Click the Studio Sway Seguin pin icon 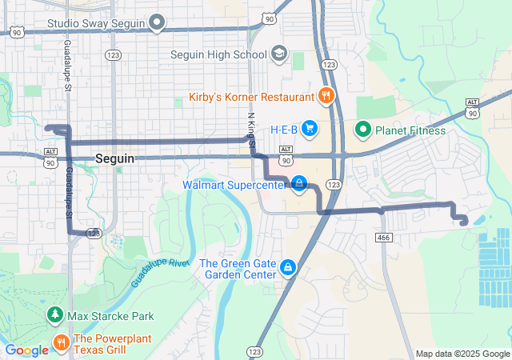(158, 23)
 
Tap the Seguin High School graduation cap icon (278, 54)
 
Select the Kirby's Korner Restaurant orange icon (325, 97)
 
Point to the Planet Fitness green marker (362, 129)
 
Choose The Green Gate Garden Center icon (287, 268)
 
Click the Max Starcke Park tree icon (55, 316)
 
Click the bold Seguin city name (114, 158)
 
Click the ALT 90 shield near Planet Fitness (472, 108)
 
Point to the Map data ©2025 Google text (462, 354)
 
